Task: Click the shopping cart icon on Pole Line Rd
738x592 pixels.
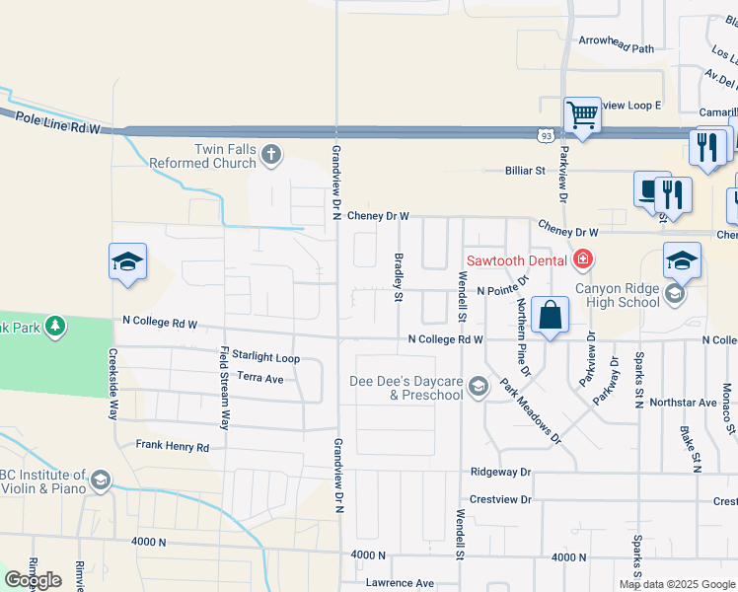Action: [x=582, y=115]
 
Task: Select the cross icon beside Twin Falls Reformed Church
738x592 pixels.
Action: [x=271, y=154]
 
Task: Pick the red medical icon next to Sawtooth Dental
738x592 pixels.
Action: [x=583, y=259]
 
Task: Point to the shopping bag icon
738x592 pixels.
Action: [x=551, y=315]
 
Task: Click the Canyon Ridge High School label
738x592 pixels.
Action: [x=617, y=295]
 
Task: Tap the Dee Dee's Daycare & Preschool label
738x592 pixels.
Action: [x=406, y=389]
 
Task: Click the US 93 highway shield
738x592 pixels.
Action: [x=546, y=133]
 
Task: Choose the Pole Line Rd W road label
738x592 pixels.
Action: [x=58, y=121]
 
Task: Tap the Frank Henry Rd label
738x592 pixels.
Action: [x=173, y=447]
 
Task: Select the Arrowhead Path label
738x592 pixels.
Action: [x=617, y=48]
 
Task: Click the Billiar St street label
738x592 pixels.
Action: [x=526, y=171]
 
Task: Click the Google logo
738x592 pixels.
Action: [x=34, y=580]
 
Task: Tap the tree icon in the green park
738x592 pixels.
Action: [x=56, y=325]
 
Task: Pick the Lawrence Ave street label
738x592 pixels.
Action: [x=400, y=583]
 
